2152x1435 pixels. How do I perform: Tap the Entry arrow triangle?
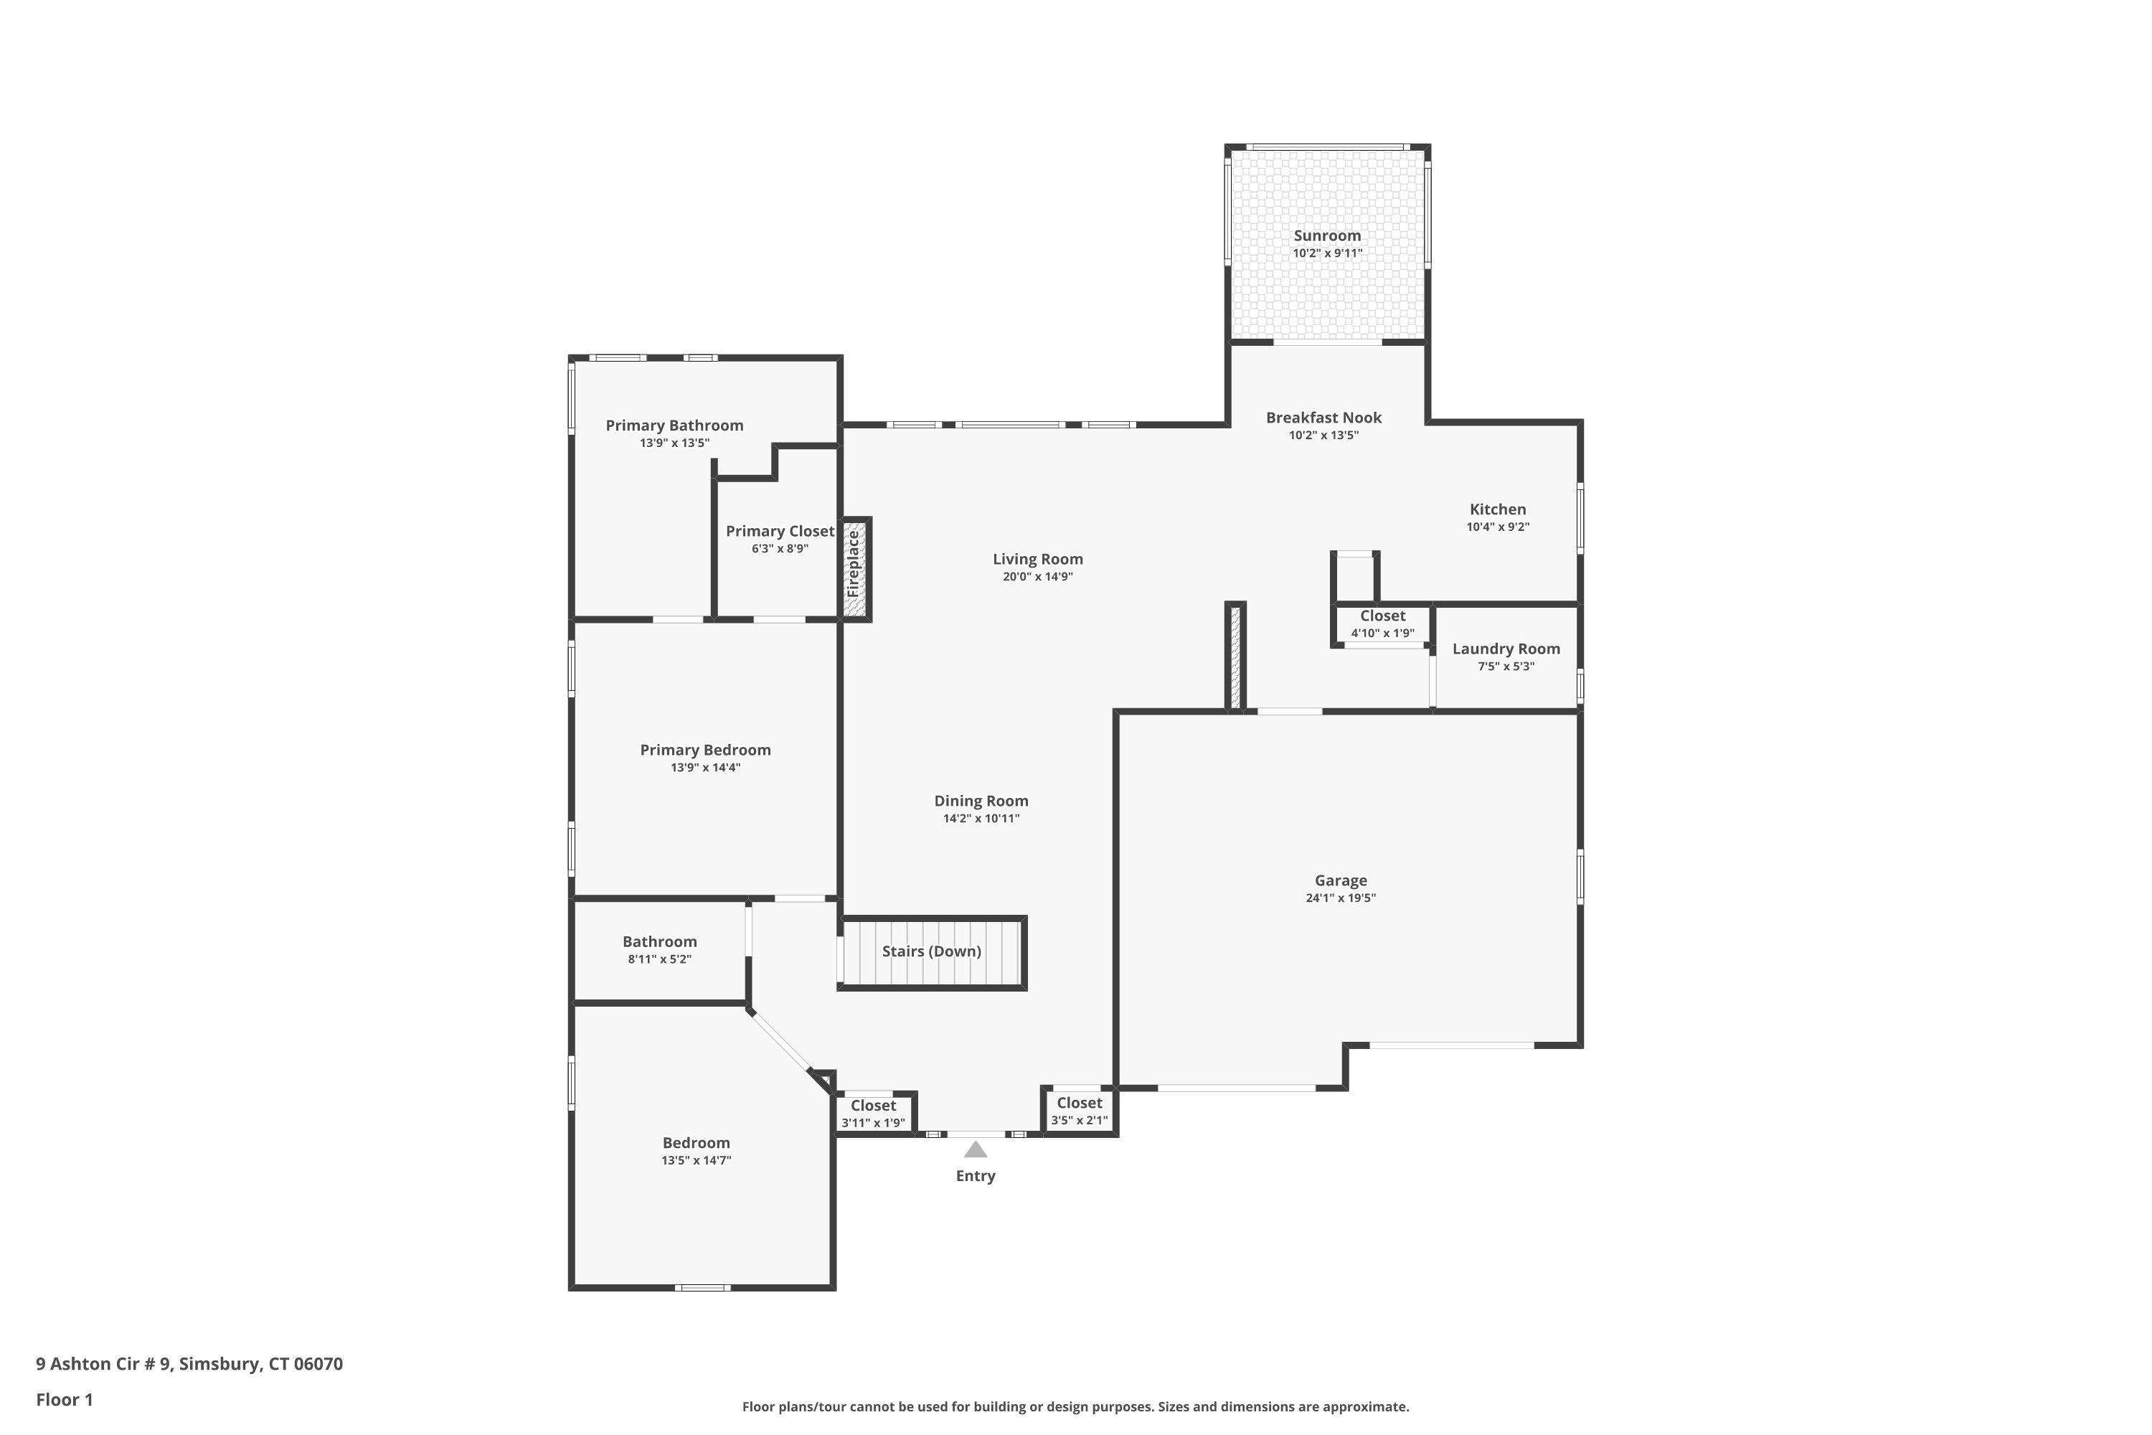(976, 1149)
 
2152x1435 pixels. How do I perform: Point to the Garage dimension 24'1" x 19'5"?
(1341, 898)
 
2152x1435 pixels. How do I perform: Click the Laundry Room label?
(1506, 649)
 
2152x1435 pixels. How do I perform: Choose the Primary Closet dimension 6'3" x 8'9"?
(780, 549)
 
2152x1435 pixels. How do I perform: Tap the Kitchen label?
(1498, 509)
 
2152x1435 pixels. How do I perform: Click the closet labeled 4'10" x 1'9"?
(1382, 624)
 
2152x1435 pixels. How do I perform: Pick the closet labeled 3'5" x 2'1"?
(1080, 1111)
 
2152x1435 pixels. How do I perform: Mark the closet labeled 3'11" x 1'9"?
(873, 1114)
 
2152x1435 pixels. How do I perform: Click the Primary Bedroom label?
(705, 751)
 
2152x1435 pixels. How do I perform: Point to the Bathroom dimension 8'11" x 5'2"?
(660, 959)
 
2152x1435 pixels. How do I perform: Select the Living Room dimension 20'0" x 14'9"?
(1037, 577)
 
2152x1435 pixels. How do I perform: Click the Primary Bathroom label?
(674, 425)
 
